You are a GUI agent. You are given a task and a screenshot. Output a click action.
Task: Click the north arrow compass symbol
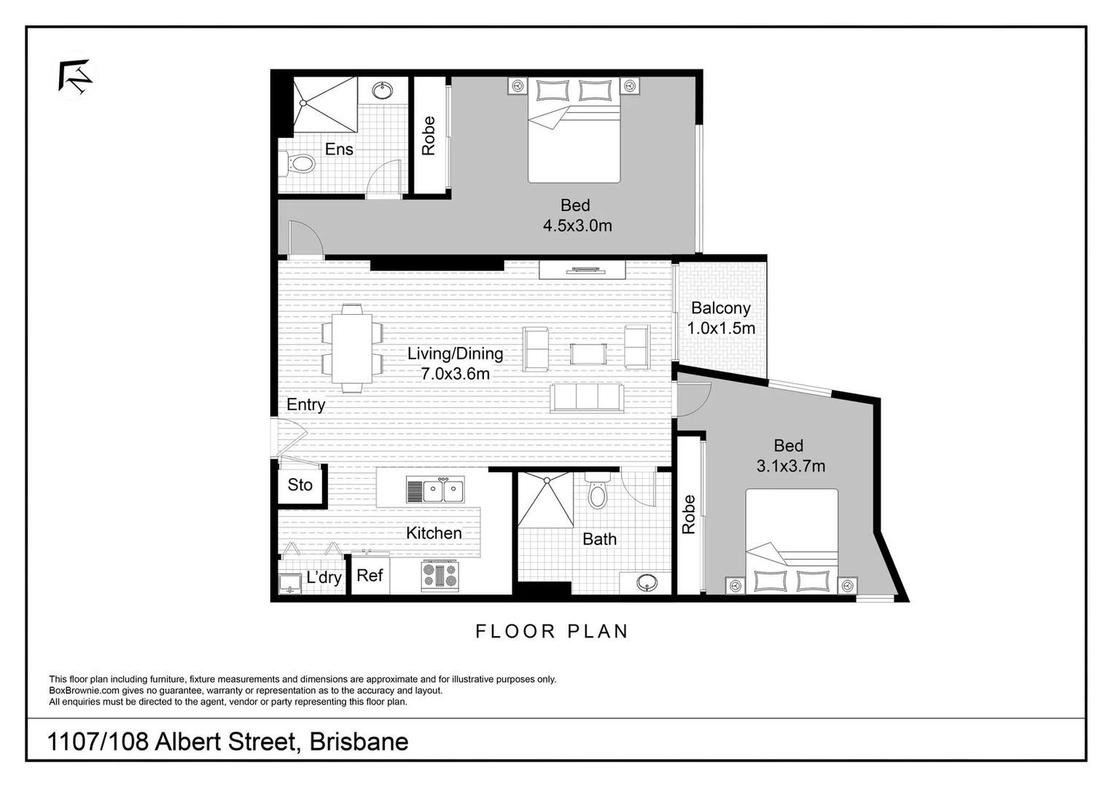coord(75,76)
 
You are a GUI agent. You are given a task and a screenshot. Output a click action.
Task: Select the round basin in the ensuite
coord(381,91)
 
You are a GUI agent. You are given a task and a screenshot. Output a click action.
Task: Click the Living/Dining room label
coord(455,354)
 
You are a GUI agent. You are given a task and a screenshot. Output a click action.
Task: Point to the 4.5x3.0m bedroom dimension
coord(577,226)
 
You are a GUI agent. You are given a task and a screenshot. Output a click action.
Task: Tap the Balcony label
coord(720,308)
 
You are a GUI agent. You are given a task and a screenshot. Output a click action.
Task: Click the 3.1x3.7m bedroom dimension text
coord(790,466)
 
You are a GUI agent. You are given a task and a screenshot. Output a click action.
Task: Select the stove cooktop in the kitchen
coord(440,575)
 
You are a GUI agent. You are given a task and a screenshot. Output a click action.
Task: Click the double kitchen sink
coord(435,490)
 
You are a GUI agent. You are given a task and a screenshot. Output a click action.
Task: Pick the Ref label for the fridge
coord(370,576)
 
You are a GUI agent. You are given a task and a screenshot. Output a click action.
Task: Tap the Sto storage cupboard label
coord(300,485)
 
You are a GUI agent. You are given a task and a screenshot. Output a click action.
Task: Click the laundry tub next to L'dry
coord(290,584)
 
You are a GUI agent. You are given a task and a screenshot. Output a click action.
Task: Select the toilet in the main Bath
coord(597,493)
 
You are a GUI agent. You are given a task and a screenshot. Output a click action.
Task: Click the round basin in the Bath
coord(646,583)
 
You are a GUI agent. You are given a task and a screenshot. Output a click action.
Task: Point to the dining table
coord(352,348)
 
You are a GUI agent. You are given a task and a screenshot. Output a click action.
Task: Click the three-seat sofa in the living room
coord(587,398)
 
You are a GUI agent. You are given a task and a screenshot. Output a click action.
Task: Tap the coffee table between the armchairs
coord(587,353)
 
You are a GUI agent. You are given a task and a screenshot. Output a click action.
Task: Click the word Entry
coord(305,405)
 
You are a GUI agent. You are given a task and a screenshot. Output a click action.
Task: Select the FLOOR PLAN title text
coord(552,631)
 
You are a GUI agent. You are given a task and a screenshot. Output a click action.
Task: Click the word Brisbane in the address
coord(359,742)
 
